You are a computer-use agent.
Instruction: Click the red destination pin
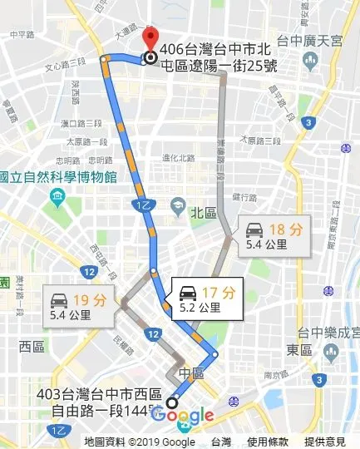(x=150, y=40)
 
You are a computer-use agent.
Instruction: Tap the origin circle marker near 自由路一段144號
(x=172, y=401)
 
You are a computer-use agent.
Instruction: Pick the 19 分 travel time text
(x=87, y=300)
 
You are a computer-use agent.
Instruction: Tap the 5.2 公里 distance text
(x=200, y=308)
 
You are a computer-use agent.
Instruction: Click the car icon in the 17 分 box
(x=189, y=293)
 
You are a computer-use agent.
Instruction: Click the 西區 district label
(x=32, y=345)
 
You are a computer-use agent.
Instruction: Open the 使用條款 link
(x=267, y=442)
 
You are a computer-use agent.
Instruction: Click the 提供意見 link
(x=325, y=442)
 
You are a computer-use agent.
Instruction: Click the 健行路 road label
(x=244, y=197)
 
